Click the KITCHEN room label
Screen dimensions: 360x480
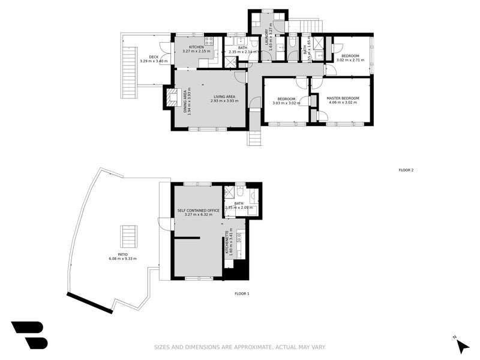196,47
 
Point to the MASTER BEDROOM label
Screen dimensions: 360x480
343,98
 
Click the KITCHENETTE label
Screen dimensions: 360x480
227,243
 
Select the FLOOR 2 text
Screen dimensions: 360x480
406,170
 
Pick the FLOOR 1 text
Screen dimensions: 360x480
241,293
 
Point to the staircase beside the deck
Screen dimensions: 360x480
129,67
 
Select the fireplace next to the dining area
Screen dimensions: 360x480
169,98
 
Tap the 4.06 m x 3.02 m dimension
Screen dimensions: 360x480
343,103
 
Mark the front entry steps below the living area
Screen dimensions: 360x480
255,138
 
